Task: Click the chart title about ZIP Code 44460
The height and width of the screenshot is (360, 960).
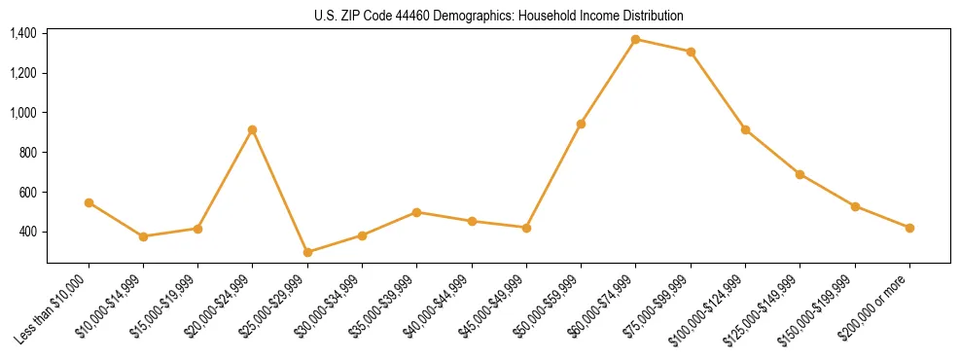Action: pos(499,16)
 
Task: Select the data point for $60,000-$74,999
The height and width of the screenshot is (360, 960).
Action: pos(636,40)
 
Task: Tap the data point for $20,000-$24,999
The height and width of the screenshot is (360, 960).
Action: pos(253,129)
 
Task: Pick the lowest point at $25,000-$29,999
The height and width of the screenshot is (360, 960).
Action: pos(307,252)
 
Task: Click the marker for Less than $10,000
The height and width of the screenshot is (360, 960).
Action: pos(89,202)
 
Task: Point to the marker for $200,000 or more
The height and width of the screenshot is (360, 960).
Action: pos(909,228)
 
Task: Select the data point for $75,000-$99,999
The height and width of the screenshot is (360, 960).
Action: pos(691,52)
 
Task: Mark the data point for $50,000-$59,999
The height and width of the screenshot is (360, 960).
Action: pos(581,124)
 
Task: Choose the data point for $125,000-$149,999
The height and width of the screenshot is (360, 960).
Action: pos(800,174)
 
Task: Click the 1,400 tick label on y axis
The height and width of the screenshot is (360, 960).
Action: pos(23,33)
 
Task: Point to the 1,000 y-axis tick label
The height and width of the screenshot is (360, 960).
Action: pos(23,113)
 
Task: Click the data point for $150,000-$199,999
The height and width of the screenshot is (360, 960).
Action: pos(855,206)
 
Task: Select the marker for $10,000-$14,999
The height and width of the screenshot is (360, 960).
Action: pos(143,236)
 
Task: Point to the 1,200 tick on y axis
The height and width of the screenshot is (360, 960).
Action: pos(23,73)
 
